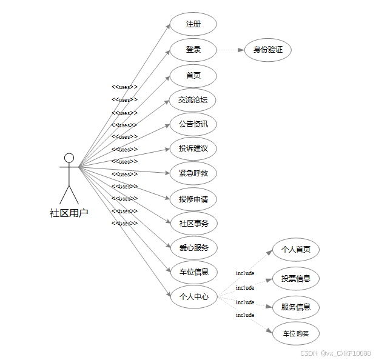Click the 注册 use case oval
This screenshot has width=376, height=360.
(193, 24)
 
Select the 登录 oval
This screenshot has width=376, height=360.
(193, 50)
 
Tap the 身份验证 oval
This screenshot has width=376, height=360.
(267, 50)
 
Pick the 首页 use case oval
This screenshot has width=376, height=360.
(193, 76)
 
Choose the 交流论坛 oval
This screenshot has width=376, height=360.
(193, 100)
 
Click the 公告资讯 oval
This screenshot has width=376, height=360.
(193, 124)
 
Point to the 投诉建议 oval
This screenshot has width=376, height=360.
(193, 148)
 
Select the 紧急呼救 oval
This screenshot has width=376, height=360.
(193, 173)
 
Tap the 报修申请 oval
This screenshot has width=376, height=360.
(193, 199)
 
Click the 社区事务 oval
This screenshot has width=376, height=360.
(193, 223)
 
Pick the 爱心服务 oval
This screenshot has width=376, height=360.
(193, 247)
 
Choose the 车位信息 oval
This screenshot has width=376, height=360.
(193, 272)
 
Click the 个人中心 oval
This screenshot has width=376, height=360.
(193, 296)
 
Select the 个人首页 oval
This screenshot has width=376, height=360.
(295, 249)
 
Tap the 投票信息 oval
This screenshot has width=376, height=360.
(295, 278)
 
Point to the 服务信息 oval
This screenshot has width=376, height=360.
(295, 307)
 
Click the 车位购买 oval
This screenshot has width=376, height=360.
(295, 333)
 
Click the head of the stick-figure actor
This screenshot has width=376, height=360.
(69, 158)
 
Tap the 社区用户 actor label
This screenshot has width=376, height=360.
(69, 213)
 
